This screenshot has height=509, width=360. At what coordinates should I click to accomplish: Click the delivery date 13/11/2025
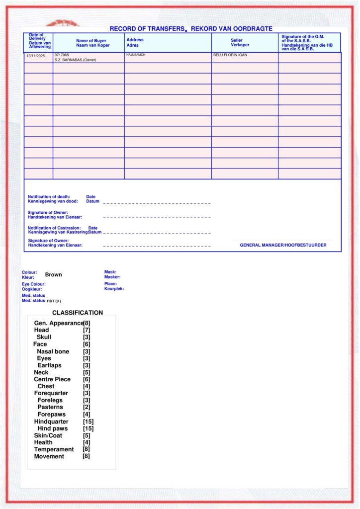click(35, 56)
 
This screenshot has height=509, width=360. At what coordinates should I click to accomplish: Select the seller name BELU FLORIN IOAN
click(230, 55)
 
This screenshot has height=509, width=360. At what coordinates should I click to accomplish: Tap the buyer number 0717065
click(62, 55)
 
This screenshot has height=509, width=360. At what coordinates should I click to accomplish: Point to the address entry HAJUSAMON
click(136, 55)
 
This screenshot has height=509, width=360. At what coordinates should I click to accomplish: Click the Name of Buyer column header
click(91, 43)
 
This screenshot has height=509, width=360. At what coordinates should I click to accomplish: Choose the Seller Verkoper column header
click(240, 43)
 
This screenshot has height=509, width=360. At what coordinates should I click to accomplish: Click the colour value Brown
click(54, 274)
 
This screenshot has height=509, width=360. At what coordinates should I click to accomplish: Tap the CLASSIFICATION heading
click(78, 313)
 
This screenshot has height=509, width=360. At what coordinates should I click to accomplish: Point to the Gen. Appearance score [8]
click(87, 323)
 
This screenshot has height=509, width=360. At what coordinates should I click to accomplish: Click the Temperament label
click(54, 449)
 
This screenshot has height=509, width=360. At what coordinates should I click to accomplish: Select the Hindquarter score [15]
click(88, 422)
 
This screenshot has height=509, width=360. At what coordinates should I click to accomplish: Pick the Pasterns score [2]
click(87, 407)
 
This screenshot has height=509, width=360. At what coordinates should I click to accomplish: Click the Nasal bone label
click(53, 351)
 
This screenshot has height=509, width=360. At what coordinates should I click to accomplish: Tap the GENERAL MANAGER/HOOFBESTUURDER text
click(283, 245)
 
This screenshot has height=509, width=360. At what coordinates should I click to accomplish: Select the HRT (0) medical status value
click(54, 301)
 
